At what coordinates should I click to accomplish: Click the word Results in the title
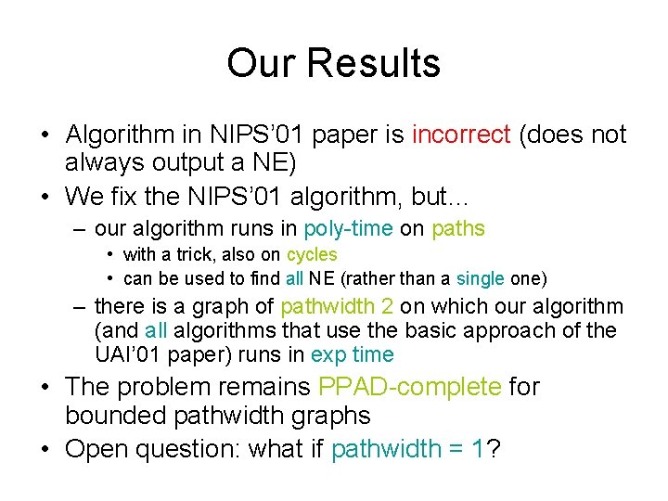[x=375, y=63]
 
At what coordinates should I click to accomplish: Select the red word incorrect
[x=461, y=135]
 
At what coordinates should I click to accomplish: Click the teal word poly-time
[x=349, y=228]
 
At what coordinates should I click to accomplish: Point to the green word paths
[x=458, y=228]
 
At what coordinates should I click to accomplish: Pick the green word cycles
[x=312, y=254]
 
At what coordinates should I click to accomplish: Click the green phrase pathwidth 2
[x=338, y=306]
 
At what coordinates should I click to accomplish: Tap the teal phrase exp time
[x=353, y=354]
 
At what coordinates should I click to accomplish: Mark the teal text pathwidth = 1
[x=408, y=449]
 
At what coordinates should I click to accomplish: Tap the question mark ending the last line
[x=495, y=449]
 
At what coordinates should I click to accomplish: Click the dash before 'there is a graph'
[x=81, y=306]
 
